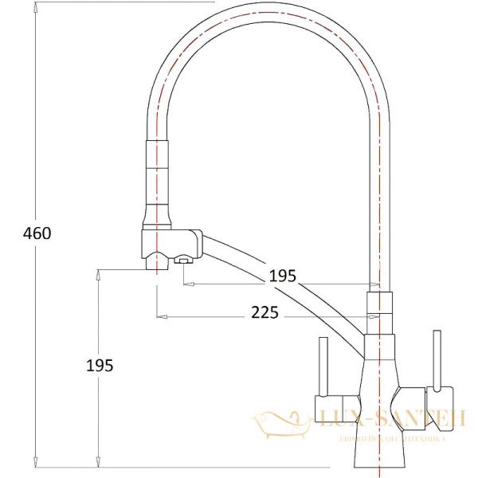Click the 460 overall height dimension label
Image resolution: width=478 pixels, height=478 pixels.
[x=37, y=233]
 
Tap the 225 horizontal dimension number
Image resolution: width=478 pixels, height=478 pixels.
[x=264, y=313]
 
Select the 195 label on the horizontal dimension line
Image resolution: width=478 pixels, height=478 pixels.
[x=282, y=276]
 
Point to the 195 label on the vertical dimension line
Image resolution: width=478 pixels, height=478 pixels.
[x=100, y=365]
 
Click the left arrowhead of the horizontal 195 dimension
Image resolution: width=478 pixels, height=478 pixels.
[x=187, y=281]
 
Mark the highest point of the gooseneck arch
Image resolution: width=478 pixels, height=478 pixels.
[x=268, y=7]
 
